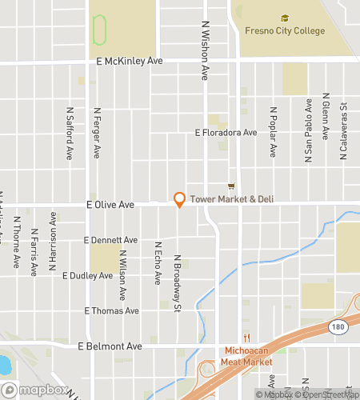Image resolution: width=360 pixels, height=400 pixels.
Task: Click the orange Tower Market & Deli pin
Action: pos(179,200)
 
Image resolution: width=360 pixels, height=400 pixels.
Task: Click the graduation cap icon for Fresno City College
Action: pos(284,18)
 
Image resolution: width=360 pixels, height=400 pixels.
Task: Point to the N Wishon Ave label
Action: pos(205,50)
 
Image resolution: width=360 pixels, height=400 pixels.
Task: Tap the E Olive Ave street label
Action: pos(110,206)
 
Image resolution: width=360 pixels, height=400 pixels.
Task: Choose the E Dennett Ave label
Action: pos(110,240)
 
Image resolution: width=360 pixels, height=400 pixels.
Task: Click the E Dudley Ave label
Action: pos(87,276)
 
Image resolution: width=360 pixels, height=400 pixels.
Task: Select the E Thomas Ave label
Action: pos(111,311)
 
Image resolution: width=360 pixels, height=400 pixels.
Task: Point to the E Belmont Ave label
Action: pos(110,346)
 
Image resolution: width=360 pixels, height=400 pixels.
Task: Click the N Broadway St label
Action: pos(178,284)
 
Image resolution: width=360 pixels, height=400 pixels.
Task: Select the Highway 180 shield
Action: pos(335,326)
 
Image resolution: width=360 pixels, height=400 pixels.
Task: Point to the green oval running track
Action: pos(100,31)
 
